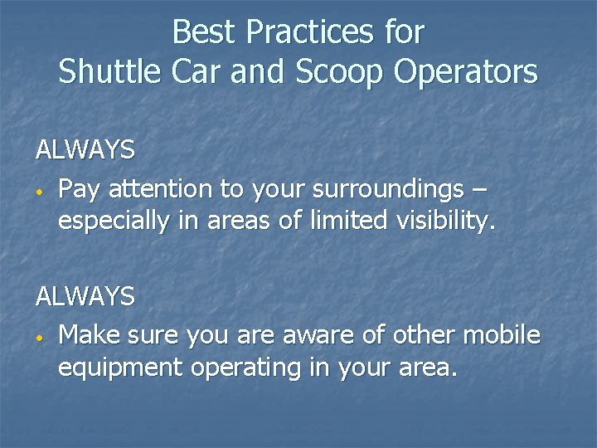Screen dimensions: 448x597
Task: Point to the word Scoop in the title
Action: click(342, 72)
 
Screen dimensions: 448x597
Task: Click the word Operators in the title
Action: click(466, 72)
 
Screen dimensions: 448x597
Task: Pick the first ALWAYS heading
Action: click(85, 150)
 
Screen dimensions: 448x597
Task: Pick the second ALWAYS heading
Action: click(85, 296)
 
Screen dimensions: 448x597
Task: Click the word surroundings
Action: click(387, 190)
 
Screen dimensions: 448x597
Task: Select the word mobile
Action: click(502, 335)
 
